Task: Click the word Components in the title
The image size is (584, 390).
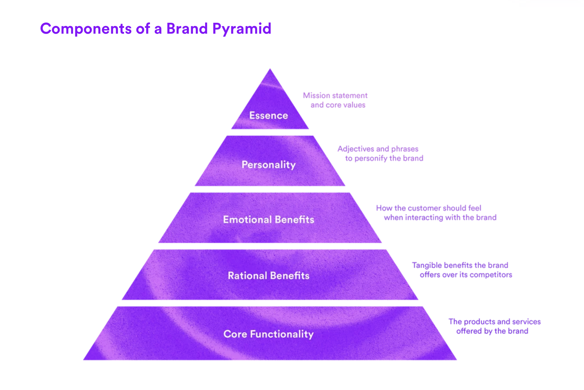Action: click(86, 29)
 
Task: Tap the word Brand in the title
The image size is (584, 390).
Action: click(187, 29)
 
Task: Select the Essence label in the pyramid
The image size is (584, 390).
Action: click(269, 115)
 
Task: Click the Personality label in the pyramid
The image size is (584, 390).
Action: click(269, 165)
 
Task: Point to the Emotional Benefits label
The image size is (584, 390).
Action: click(269, 220)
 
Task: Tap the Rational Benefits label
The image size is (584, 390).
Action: click(269, 276)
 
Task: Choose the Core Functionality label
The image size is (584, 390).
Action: click(269, 334)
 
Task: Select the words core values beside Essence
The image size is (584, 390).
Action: click(346, 105)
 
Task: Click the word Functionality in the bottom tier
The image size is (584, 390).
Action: click(282, 334)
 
